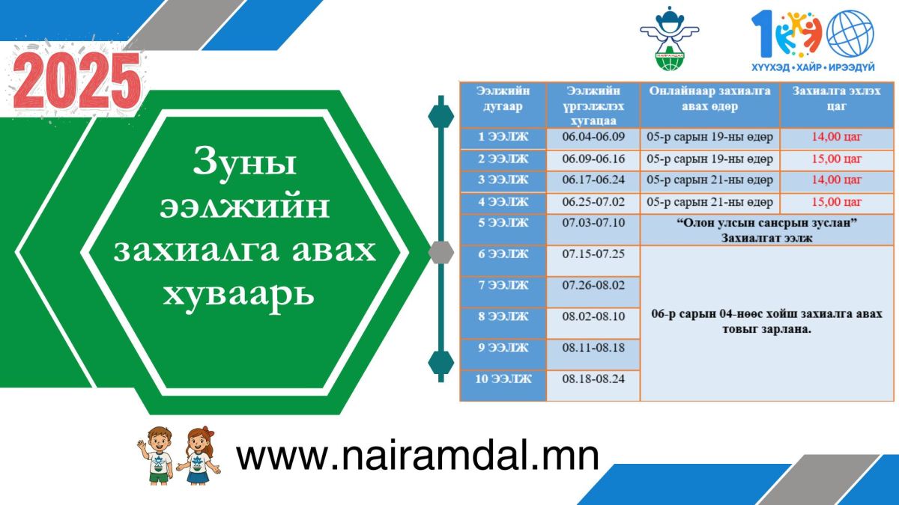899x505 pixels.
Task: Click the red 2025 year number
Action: pyautogui.click(x=77, y=81)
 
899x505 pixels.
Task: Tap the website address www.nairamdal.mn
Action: pyautogui.click(x=417, y=456)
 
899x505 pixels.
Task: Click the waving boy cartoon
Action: pyautogui.click(x=156, y=456)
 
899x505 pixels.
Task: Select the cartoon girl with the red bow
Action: pyautogui.click(x=199, y=456)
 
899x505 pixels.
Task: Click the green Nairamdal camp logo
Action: pyautogui.click(x=669, y=39)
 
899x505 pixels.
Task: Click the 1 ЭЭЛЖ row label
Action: pyautogui.click(x=503, y=137)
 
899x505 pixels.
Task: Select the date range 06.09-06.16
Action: pyautogui.click(x=593, y=159)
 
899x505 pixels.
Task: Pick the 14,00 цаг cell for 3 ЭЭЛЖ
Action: pyautogui.click(x=836, y=180)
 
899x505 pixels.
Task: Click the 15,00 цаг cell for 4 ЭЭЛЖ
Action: pyautogui.click(x=836, y=202)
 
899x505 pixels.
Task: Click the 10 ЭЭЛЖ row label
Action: pyautogui.click(x=503, y=379)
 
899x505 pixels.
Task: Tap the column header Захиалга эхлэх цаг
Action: pyautogui.click(x=836, y=98)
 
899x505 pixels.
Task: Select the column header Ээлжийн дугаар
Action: pyautogui.click(x=503, y=99)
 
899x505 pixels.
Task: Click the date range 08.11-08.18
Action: pyautogui.click(x=593, y=348)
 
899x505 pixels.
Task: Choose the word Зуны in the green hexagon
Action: pyautogui.click(x=244, y=162)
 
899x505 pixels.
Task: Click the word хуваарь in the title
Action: pyautogui.click(x=238, y=295)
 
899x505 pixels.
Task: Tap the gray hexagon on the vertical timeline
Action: pyautogui.click(x=441, y=253)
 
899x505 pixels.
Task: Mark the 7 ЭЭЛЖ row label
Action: pyautogui.click(x=503, y=285)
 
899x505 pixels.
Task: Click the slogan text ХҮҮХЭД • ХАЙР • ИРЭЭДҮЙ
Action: pyautogui.click(x=813, y=67)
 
